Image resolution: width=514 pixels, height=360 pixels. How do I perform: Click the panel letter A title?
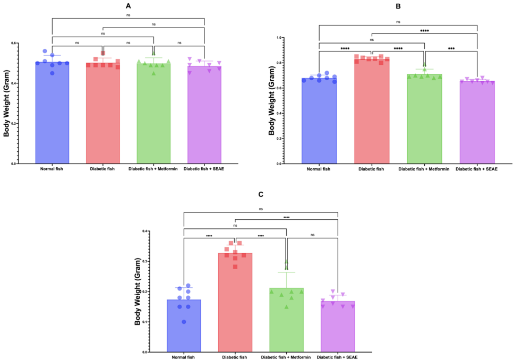(128, 5)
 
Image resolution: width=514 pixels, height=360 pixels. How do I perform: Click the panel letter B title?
(398, 5)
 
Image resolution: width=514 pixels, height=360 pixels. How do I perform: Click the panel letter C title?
(261, 195)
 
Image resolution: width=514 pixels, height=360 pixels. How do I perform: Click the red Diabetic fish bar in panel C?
(235, 303)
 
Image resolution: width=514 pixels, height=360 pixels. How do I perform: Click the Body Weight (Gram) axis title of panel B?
(272, 101)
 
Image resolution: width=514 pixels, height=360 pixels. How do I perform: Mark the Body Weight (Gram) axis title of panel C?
(138, 292)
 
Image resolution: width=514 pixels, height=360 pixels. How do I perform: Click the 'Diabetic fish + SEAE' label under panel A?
(204, 169)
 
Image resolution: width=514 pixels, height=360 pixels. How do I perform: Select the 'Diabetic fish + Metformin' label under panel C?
(286, 357)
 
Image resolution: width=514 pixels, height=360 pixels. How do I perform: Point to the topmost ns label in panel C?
(261, 209)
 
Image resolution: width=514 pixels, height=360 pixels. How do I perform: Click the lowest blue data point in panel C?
(184, 322)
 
